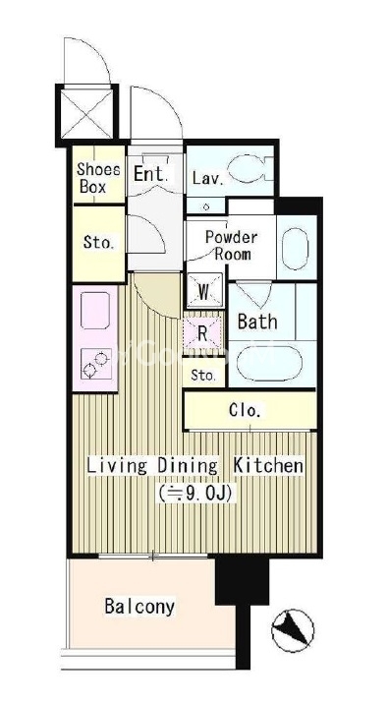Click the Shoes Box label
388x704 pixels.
98,178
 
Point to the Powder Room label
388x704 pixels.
232,245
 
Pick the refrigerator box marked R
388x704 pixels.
202,334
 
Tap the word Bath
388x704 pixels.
257,322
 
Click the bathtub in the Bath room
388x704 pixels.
269,364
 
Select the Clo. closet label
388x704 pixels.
245,410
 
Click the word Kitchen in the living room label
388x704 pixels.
268,466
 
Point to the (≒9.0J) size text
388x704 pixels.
195,494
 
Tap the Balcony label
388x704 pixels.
139,607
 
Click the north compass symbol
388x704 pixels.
293,630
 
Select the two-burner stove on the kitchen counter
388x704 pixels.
96,365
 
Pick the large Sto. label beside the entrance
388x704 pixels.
98,243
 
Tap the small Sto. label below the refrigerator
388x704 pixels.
203,375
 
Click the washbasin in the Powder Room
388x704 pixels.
296,249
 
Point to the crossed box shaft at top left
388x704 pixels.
86,114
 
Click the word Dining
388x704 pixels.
188,466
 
